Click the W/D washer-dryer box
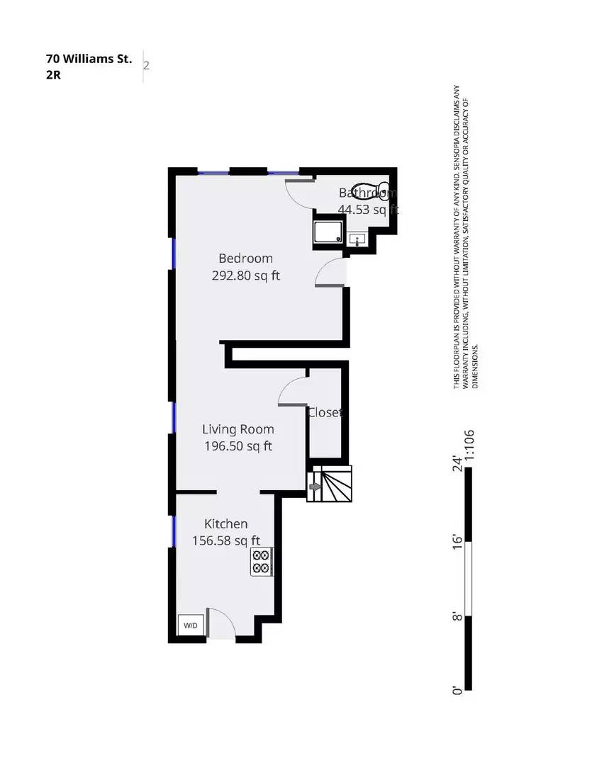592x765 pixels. [x=191, y=626]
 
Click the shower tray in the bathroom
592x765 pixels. [x=329, y=232]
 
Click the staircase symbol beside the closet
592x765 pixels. [x=330, y=484]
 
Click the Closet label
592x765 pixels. [x=325, y=412]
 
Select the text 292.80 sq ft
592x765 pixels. [x=245, y=276]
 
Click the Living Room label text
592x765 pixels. [x=238, y=429]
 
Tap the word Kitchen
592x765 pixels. [x=226, y=524]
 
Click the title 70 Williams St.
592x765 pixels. [x=89, y=59]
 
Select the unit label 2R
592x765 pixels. [x=53, y=75]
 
